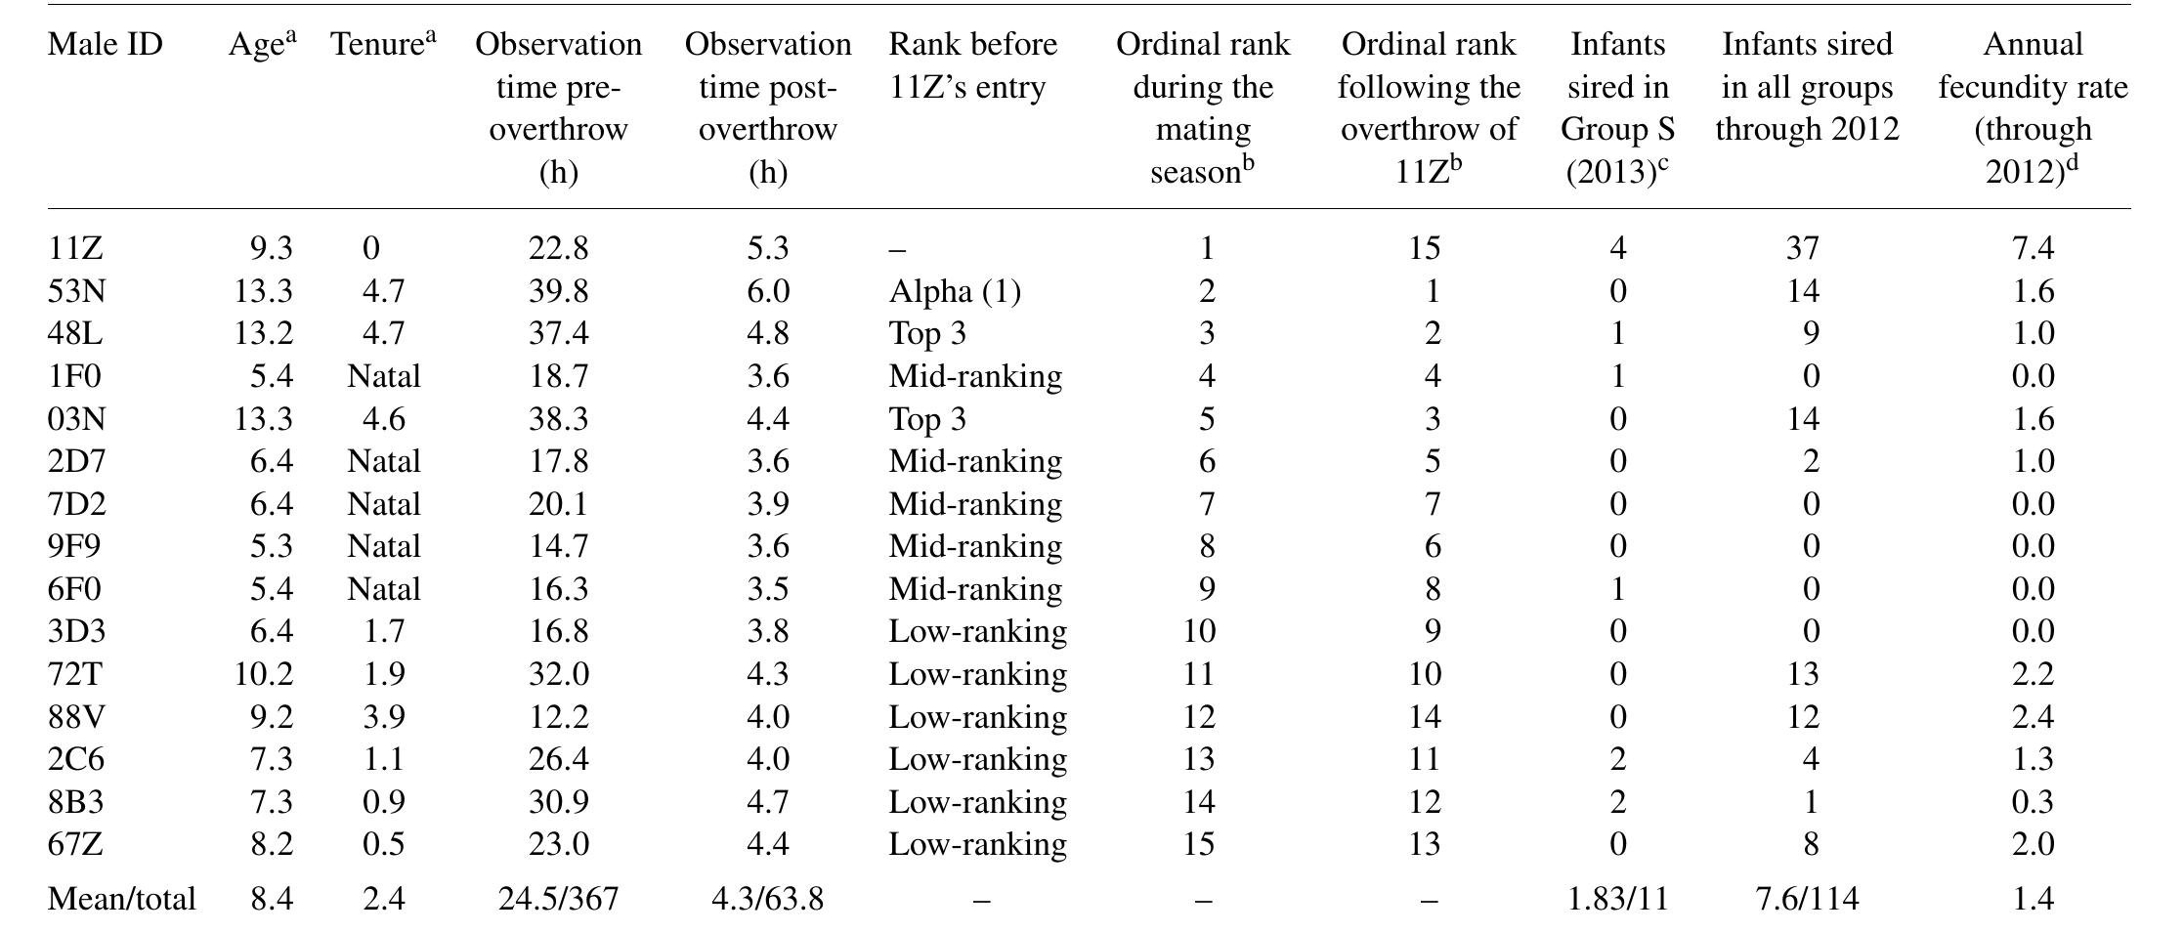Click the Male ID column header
click(x=105, y=45)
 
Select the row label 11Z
click(x=74, y=248)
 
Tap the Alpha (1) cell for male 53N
click(x=954, y=291)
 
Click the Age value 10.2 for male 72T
click(x=263, y=674)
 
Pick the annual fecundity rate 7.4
click(x=2033, y=248)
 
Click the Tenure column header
click(x=382, y=45)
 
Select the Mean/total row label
click(x=121, y=899)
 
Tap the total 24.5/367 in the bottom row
click(x=558, y=899)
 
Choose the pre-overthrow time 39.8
click(x=558, y=291)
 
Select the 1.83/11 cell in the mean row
click(x=1617, y=899)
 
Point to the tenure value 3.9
click(x=382, y=717)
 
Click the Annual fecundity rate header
click(x=2033, y=107)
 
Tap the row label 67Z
click(x=74, y=844)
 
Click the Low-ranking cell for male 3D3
click(x=976, y=632)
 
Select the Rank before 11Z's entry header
click(x=972, y=65)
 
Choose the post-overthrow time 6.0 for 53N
click(x=767, y=291)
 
